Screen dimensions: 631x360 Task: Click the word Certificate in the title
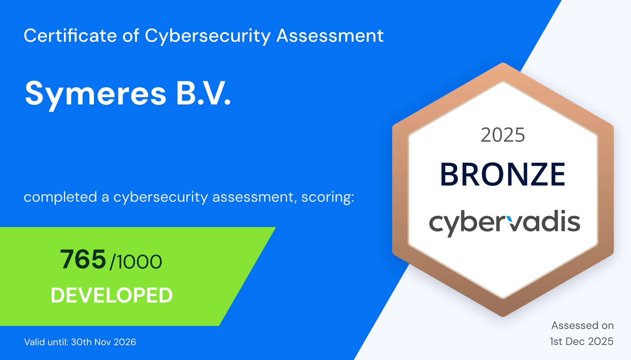70,35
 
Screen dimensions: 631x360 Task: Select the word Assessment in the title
330,35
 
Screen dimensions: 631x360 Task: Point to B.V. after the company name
204,93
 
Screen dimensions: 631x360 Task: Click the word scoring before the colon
326,197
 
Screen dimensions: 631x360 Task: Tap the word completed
60,197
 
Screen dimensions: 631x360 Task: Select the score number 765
83,259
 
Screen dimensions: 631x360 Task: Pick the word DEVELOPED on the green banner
112,295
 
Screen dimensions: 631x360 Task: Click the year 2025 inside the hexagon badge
503,135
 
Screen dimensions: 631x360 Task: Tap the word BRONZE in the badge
503,174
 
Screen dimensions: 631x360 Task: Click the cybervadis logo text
504,223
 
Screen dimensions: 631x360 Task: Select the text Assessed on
583,325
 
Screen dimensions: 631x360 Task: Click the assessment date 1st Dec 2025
582,341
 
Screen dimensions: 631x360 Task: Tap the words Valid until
46,342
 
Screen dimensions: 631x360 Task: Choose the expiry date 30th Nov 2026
104,342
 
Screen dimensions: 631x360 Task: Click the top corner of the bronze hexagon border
503,63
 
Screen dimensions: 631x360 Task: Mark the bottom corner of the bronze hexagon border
503,317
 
